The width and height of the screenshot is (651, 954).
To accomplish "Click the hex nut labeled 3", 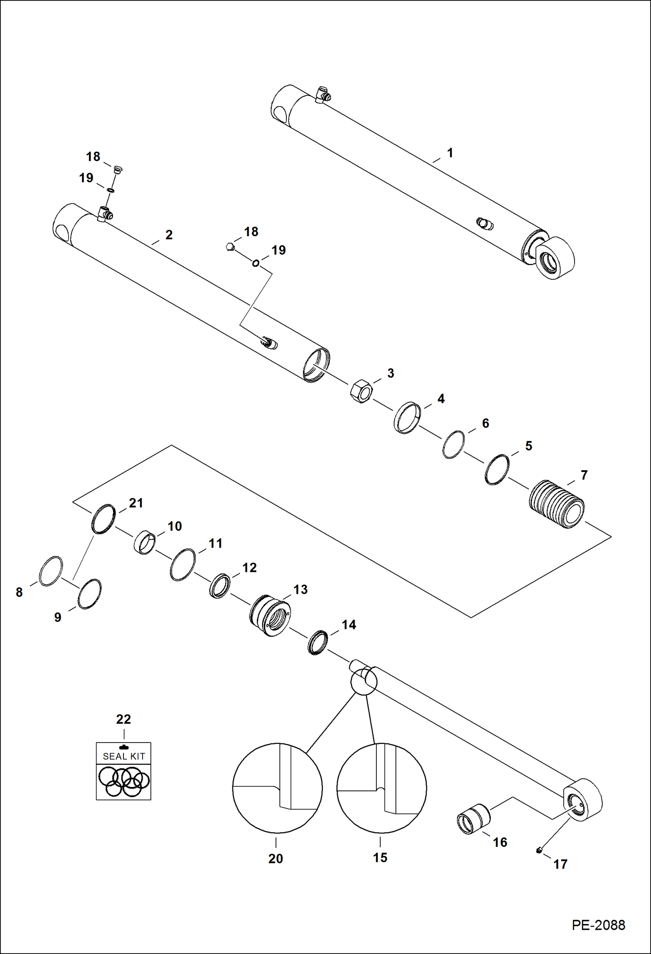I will pos(361,391).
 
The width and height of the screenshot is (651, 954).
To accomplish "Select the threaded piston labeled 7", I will pos(557,504).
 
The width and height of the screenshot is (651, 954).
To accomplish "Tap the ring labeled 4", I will pos(407,418).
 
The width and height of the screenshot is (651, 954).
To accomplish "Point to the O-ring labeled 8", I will pos(51,571).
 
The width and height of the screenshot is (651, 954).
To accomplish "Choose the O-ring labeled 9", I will pos(90,594).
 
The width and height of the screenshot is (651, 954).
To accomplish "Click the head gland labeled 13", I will pos(270,615).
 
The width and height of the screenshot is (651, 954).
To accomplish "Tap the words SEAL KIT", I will pos(124,756).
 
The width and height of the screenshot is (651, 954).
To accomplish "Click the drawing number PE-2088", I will pos(598,924).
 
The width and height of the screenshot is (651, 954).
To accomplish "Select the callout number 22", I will pos(123,719).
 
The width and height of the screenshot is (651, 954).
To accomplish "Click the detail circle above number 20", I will pos(277,788).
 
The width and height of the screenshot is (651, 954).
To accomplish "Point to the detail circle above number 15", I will pos(382,788).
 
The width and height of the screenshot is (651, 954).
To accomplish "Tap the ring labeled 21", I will pos(103,519).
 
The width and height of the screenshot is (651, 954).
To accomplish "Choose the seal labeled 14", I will pos(318,643).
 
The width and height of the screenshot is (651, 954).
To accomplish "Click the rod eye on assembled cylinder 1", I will pos(556,258).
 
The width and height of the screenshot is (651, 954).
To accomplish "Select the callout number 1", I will pos(450,153).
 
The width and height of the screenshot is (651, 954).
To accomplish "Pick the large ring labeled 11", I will pos(183,564).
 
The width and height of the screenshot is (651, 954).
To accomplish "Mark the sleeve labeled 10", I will pos(144,542).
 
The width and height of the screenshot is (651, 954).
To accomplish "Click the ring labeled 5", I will pos(497,470).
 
